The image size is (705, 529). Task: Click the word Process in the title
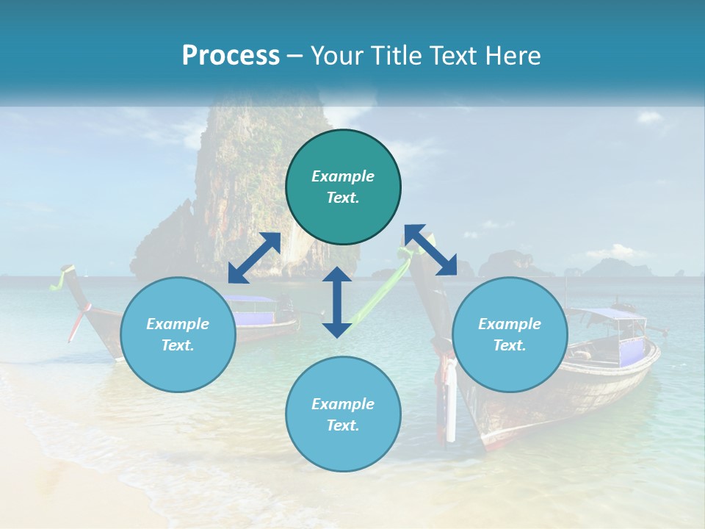coord(231,56)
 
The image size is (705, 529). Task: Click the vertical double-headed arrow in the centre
coord(337,302)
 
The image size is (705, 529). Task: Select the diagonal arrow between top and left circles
coord(254,258)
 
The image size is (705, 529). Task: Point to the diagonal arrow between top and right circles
coord(430,250)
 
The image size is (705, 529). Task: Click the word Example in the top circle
coord(343,176)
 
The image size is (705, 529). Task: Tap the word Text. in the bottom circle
coord(343,425)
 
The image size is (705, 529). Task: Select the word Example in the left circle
coord(178,324)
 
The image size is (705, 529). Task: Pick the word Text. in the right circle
coord(510,345)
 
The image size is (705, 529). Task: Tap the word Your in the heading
coord(334,56)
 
